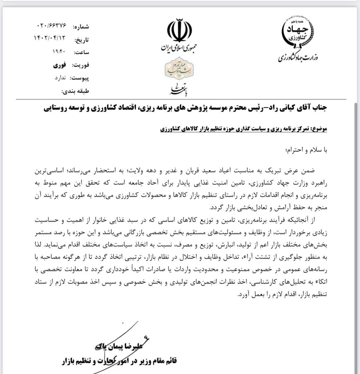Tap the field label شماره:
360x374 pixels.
(x=81, y=27)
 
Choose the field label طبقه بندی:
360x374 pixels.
(x=77, y=90)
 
